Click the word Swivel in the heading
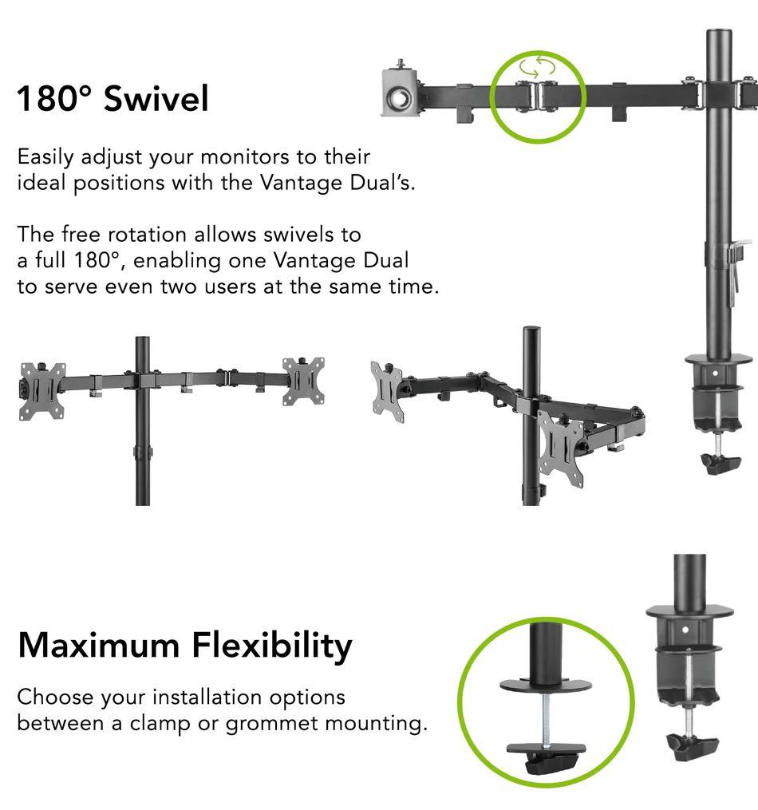156,99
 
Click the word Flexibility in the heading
270,645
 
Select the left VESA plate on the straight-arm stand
41,390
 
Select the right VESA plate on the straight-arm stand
304,381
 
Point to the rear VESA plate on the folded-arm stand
386,391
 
